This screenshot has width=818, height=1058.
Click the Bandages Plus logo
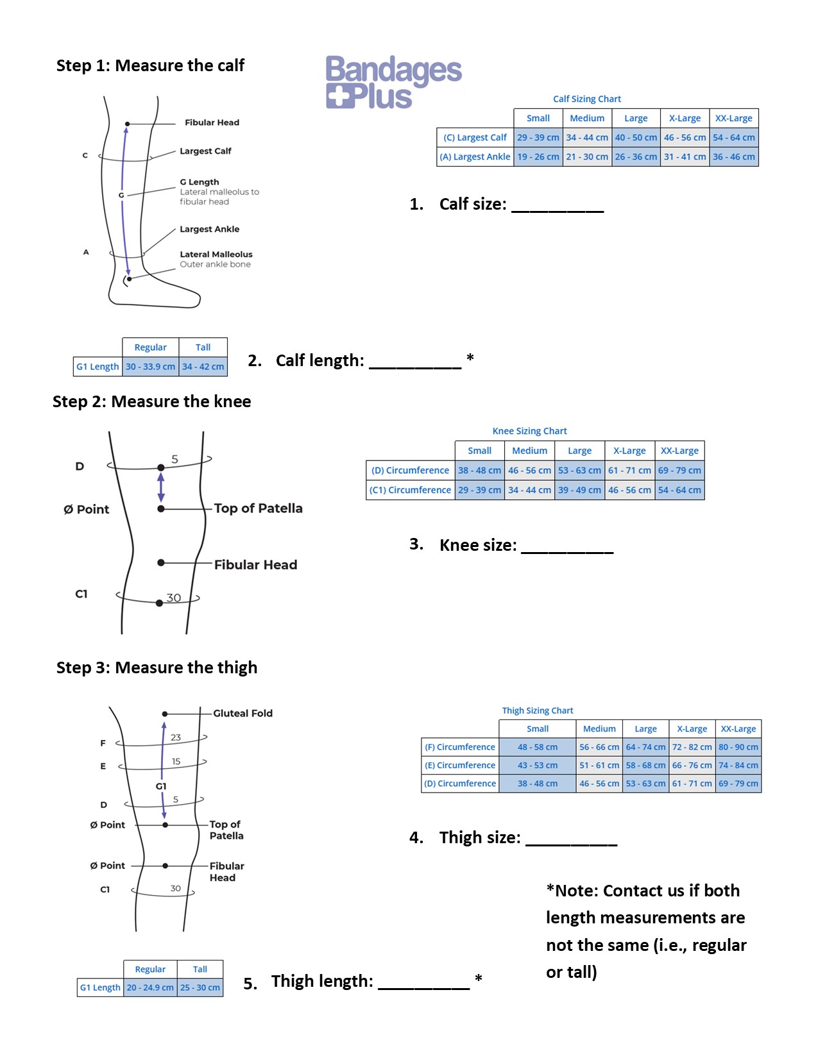click(393, 82)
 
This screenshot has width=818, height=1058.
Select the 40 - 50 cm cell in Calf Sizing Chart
click(636, 137)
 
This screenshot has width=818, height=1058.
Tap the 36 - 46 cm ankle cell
click(734, 156)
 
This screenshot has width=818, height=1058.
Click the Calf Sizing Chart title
click(587, 99)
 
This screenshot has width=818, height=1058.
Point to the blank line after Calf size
click(558, 206)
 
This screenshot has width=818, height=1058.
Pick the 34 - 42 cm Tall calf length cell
click(203, 367)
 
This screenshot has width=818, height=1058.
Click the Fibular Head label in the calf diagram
click(212, 122)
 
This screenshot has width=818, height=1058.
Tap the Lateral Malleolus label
click(216, 255)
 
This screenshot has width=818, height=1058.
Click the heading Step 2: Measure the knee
click(152, 401)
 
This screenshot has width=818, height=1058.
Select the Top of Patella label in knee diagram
click(258, 508)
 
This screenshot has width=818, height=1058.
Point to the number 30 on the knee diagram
click(174, 598)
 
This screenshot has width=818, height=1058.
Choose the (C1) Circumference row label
click(411, 490)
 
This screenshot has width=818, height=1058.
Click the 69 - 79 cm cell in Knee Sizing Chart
click(679, 470)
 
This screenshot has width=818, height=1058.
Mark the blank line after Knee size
click(567, 548)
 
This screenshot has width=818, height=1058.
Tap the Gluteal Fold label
click(243, 713)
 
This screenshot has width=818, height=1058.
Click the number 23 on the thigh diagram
click(176, 737)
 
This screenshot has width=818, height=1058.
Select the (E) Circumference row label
click(460, 765)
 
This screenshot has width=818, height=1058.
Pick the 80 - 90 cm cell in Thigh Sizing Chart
click(738, 747)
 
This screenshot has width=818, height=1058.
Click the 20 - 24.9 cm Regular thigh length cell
click(150, 987)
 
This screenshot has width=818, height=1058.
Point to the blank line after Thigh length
click(424, 984)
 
